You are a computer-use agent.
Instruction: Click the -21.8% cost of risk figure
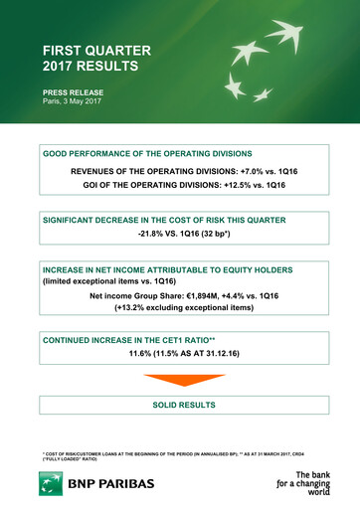pyautogui.click(x=154, y=235)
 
